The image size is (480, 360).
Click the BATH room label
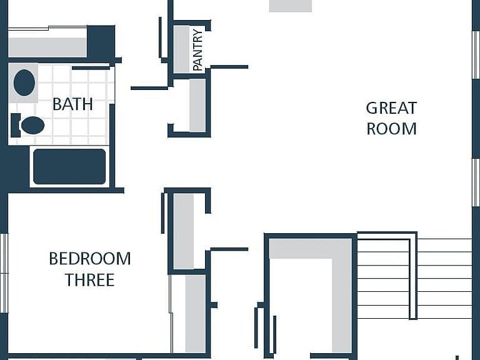point(72,104)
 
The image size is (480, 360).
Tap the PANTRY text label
point(198,50)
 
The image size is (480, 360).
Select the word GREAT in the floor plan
point(391,108)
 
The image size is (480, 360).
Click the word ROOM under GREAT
point(391,129)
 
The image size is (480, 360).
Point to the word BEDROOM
point(90,259)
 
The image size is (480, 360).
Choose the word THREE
point(90,280)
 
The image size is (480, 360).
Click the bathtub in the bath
point(69,166)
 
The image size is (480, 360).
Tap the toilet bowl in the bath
point(32,125)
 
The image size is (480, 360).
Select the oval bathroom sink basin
point(24,82)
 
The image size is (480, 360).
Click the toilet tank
point(15,125)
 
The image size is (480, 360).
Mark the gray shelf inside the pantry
point(182,49)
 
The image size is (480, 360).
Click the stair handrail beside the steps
point(413,276)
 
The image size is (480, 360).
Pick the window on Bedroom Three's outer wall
point(4,273)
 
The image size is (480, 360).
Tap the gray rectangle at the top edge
point(291,6)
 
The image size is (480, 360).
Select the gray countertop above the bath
point(47,47)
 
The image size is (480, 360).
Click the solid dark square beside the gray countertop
point(101,42)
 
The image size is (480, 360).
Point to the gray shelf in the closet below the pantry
point(197,105)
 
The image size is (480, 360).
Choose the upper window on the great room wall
point(476,55)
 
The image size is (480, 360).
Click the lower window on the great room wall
point(476,182)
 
